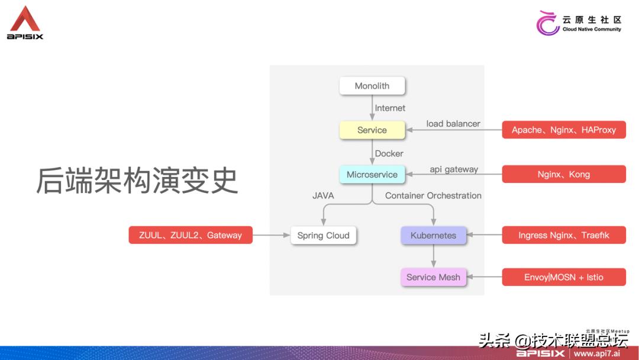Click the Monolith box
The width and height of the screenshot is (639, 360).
[x=372, y=86]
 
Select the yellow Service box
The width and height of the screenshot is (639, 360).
[x=372, y=130]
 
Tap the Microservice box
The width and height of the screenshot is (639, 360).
[x=372, y=175]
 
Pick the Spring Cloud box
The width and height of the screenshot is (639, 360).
[x=323, y=235]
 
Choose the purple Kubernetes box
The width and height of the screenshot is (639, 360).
[x=433, y=235]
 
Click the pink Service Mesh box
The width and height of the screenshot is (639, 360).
[x=433, y=277]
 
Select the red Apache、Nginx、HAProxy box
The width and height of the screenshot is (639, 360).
[x=563, y=130]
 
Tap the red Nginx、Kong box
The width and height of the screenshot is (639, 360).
[x=563, y=175]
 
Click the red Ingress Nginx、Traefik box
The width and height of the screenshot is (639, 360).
[x=563, y=235]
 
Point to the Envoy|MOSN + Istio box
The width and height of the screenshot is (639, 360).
[x=563, y=277]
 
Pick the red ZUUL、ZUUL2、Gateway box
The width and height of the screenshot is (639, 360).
[x=191, y=235]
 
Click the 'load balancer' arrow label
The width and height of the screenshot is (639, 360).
[x=453, y=124]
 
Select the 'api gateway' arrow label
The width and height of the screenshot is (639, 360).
[x=453, y=169]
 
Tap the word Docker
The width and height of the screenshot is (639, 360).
[x=389, y=153]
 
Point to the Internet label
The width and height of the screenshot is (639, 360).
[x=390, y=108]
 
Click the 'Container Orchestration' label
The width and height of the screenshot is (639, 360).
[x=433, y=195]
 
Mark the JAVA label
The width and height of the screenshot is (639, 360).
[x=323, y=195]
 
